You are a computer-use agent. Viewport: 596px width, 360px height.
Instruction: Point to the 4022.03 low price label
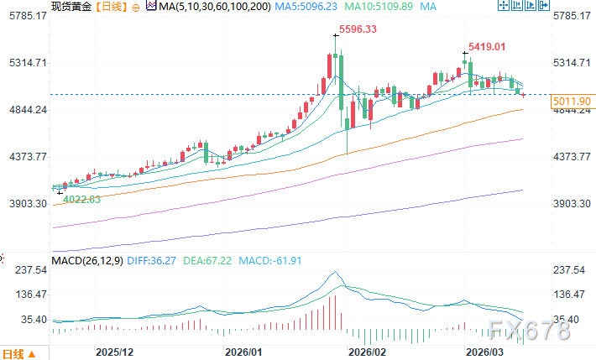(82, 199)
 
